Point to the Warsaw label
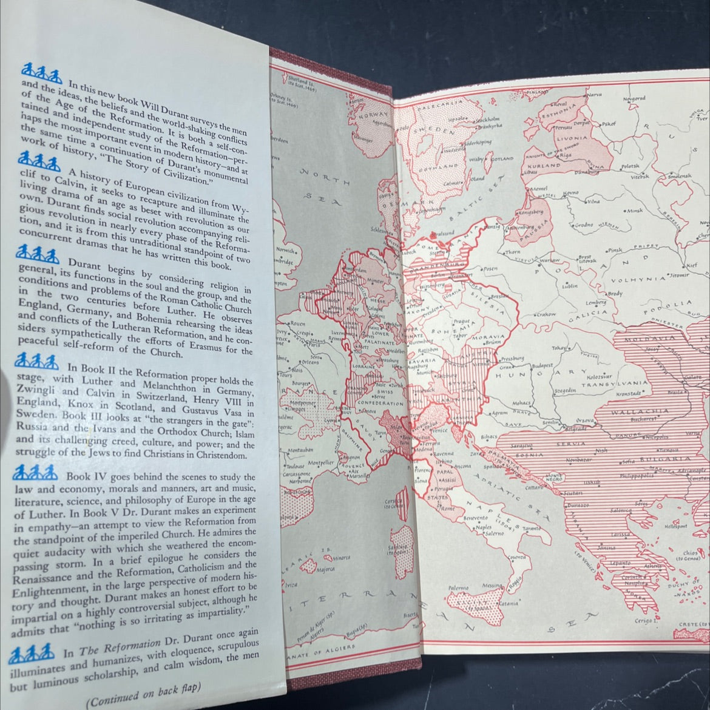coord(550,260)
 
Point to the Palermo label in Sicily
coord(458,587)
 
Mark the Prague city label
coord(462,320)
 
